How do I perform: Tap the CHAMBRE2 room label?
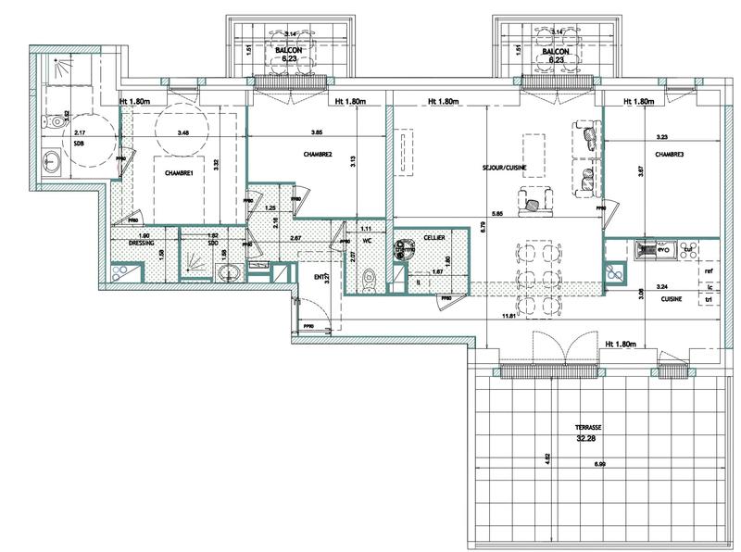point(317,154)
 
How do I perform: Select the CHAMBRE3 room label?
point(670,155)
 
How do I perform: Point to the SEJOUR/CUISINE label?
point(504,169)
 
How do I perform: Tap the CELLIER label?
point(433,238)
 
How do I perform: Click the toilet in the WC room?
point(369,276)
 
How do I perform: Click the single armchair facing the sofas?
point(533,199)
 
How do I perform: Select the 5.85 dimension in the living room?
point(498,216)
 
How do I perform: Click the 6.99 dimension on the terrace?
point(599,463)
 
